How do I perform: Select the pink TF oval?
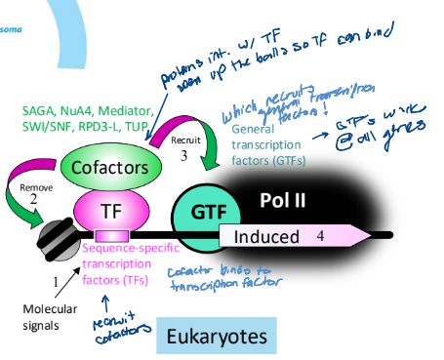(x=109, y=208)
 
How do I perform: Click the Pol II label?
(x=284, y=201)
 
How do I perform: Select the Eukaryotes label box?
(x=216, y=337)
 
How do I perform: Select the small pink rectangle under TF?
(x=109, y=235)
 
